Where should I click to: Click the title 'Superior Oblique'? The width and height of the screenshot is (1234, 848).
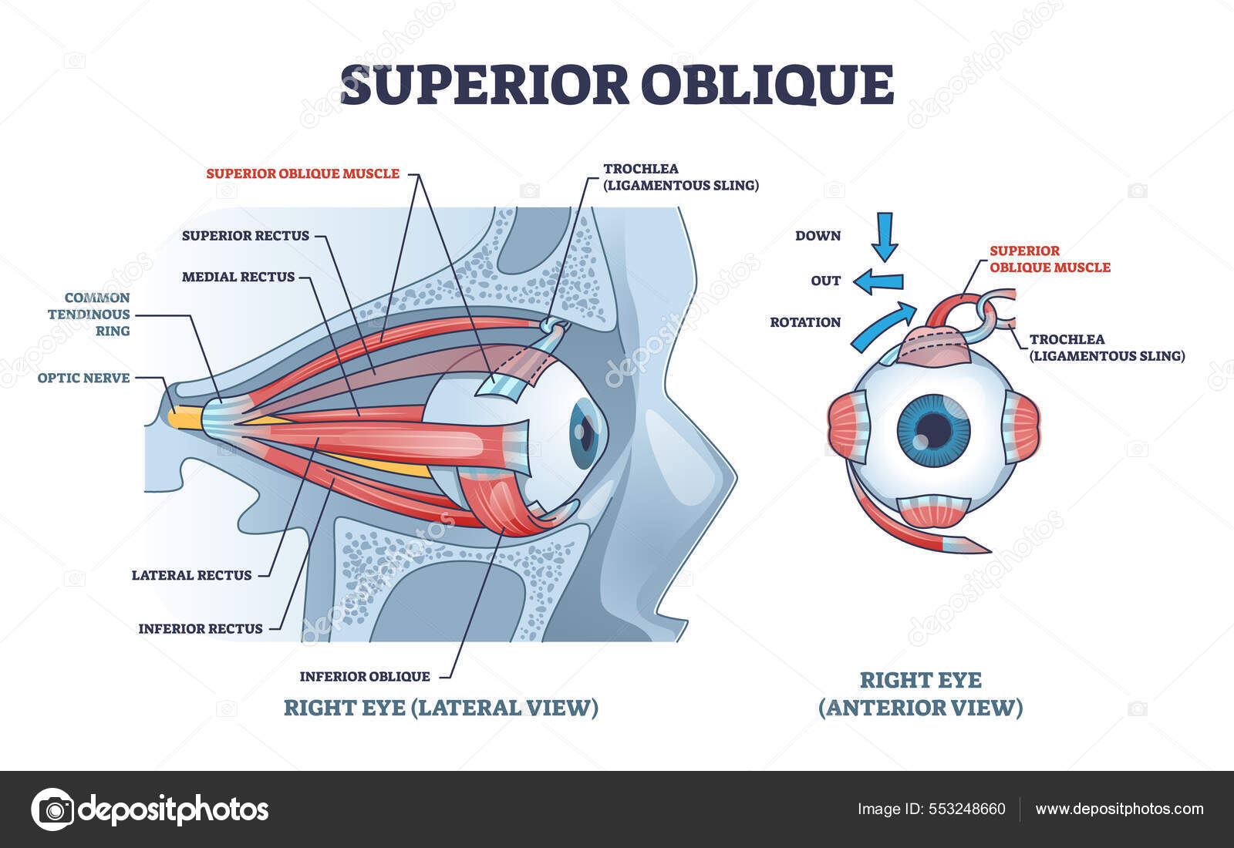(617, 85)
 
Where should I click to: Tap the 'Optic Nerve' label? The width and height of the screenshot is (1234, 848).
(83, 378)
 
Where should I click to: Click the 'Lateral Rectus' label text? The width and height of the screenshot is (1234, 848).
(191, 575)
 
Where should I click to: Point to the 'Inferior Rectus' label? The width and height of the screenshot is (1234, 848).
(201, 629)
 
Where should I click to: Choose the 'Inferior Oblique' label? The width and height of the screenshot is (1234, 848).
(365, 677)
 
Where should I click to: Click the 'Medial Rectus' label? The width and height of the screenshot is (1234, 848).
(238, 277)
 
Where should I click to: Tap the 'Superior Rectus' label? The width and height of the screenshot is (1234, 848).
(245, 236)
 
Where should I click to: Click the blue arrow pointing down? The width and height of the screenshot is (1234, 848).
(885, 236)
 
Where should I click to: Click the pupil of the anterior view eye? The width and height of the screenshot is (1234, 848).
(933, 428)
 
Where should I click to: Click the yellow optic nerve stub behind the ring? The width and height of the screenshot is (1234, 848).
(185, 418)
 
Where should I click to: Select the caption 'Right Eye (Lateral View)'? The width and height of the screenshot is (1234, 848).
(440, 708)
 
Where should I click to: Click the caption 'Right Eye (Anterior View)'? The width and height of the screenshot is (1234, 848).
(921, 694)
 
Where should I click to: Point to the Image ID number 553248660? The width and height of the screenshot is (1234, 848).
(966, 809)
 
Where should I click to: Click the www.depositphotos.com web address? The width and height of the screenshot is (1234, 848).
(1119, 809)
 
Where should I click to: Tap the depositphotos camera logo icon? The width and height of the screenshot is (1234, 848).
(52, 809)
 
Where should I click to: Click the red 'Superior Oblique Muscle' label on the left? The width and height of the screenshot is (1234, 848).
(302, 174)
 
